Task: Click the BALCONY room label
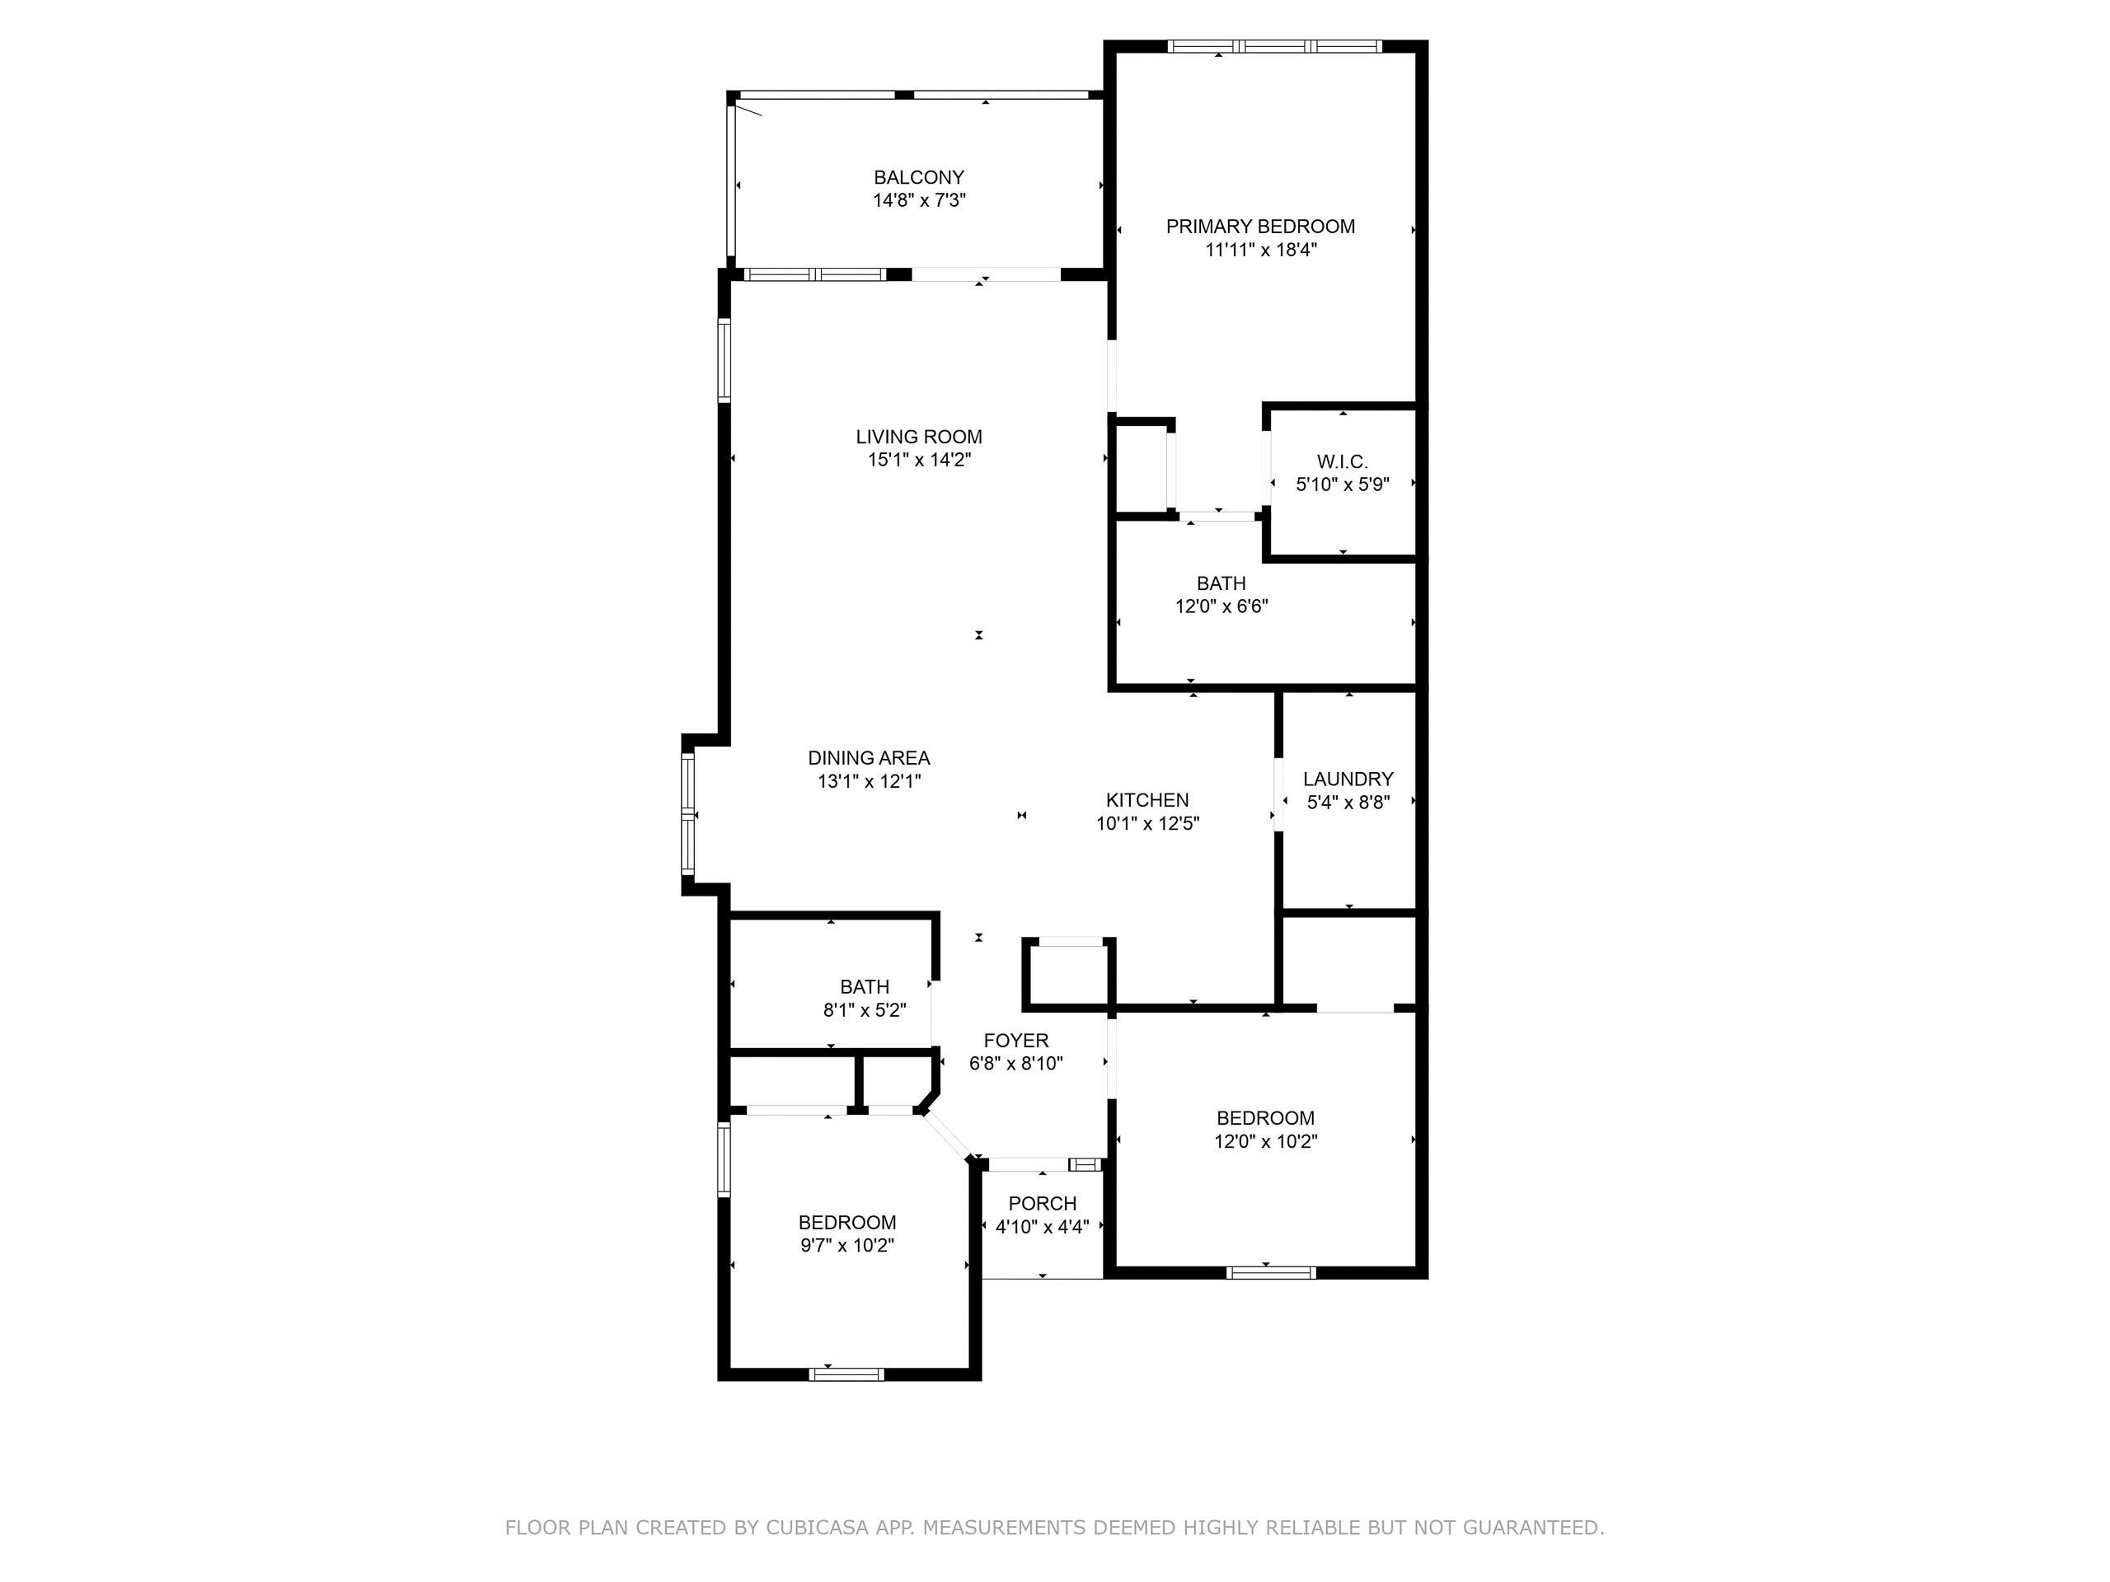tap(919, 177)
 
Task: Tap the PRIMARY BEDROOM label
tap(1260, 227)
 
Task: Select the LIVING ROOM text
tap(919, 437)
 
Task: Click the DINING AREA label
tap(869, 758)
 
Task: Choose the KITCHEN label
tap(1147, 800)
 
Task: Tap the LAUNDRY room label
tap(1348, 779)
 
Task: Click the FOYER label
tap(1016, 1041)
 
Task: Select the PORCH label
tap(1043, 1204)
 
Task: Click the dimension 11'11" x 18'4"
tap(1260, 250)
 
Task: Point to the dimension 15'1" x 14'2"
tap(919, 460)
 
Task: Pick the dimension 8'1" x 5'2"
tap(865, 1010)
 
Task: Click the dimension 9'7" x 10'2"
tap(847, 1245)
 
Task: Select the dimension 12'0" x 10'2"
tap(1265, 1140)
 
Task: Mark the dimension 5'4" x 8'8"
tap(1348, 802)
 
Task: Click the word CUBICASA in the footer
tap(817, 1528)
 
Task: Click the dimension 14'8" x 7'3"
tap(919, 200)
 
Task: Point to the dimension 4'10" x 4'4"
tap(1043, 1226)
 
